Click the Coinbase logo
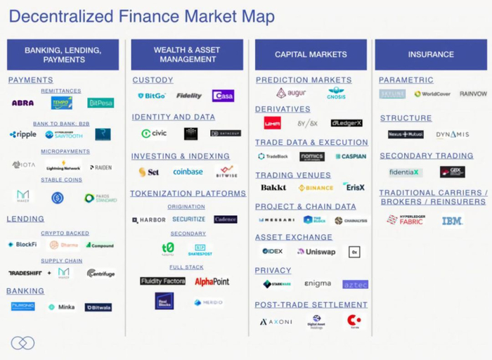point(188,172)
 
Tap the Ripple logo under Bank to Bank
point(23,134)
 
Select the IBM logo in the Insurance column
point(452,221)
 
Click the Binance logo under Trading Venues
point(316,188)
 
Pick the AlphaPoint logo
point(212,281)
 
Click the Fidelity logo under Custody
point(188,96)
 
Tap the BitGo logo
point(151,96)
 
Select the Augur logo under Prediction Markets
point(291,93)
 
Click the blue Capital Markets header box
point(311,54)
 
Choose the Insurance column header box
point(431,54)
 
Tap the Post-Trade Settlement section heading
point(311,305)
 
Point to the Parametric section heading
point(406,80)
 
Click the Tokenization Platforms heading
point(188,193)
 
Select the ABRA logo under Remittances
point(22,103)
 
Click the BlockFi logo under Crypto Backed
point(22,245)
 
